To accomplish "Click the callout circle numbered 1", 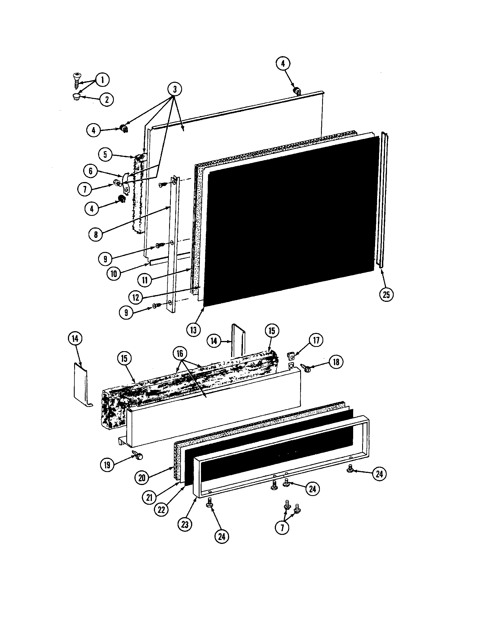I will pyautogui.click(x=103, y=80).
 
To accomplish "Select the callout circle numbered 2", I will pyautogui.click(x=107, y=100).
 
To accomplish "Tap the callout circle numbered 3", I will pyautogui.click(x=174, y=89).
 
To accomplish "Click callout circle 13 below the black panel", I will pyautogui.click(x=194, y=331).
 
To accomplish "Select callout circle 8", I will pyautogui.click(x=96, y=234).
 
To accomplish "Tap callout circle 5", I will pyautogui.click(x=105, y=155).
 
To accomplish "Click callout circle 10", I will pyautogui.click(x=114, y=274).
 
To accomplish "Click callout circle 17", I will pyautogui.click(x=316, y=340).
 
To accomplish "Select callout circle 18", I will pyautogui.click(x=336, y=362).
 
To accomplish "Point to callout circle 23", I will pyautogui.click(x=185, y=524).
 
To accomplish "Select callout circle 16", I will pyautogui.click(x=180, y=353).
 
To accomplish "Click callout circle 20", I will pyautogui.click(x=142, y=478).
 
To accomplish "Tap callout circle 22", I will pyautogui.click(x=161, y=510).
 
